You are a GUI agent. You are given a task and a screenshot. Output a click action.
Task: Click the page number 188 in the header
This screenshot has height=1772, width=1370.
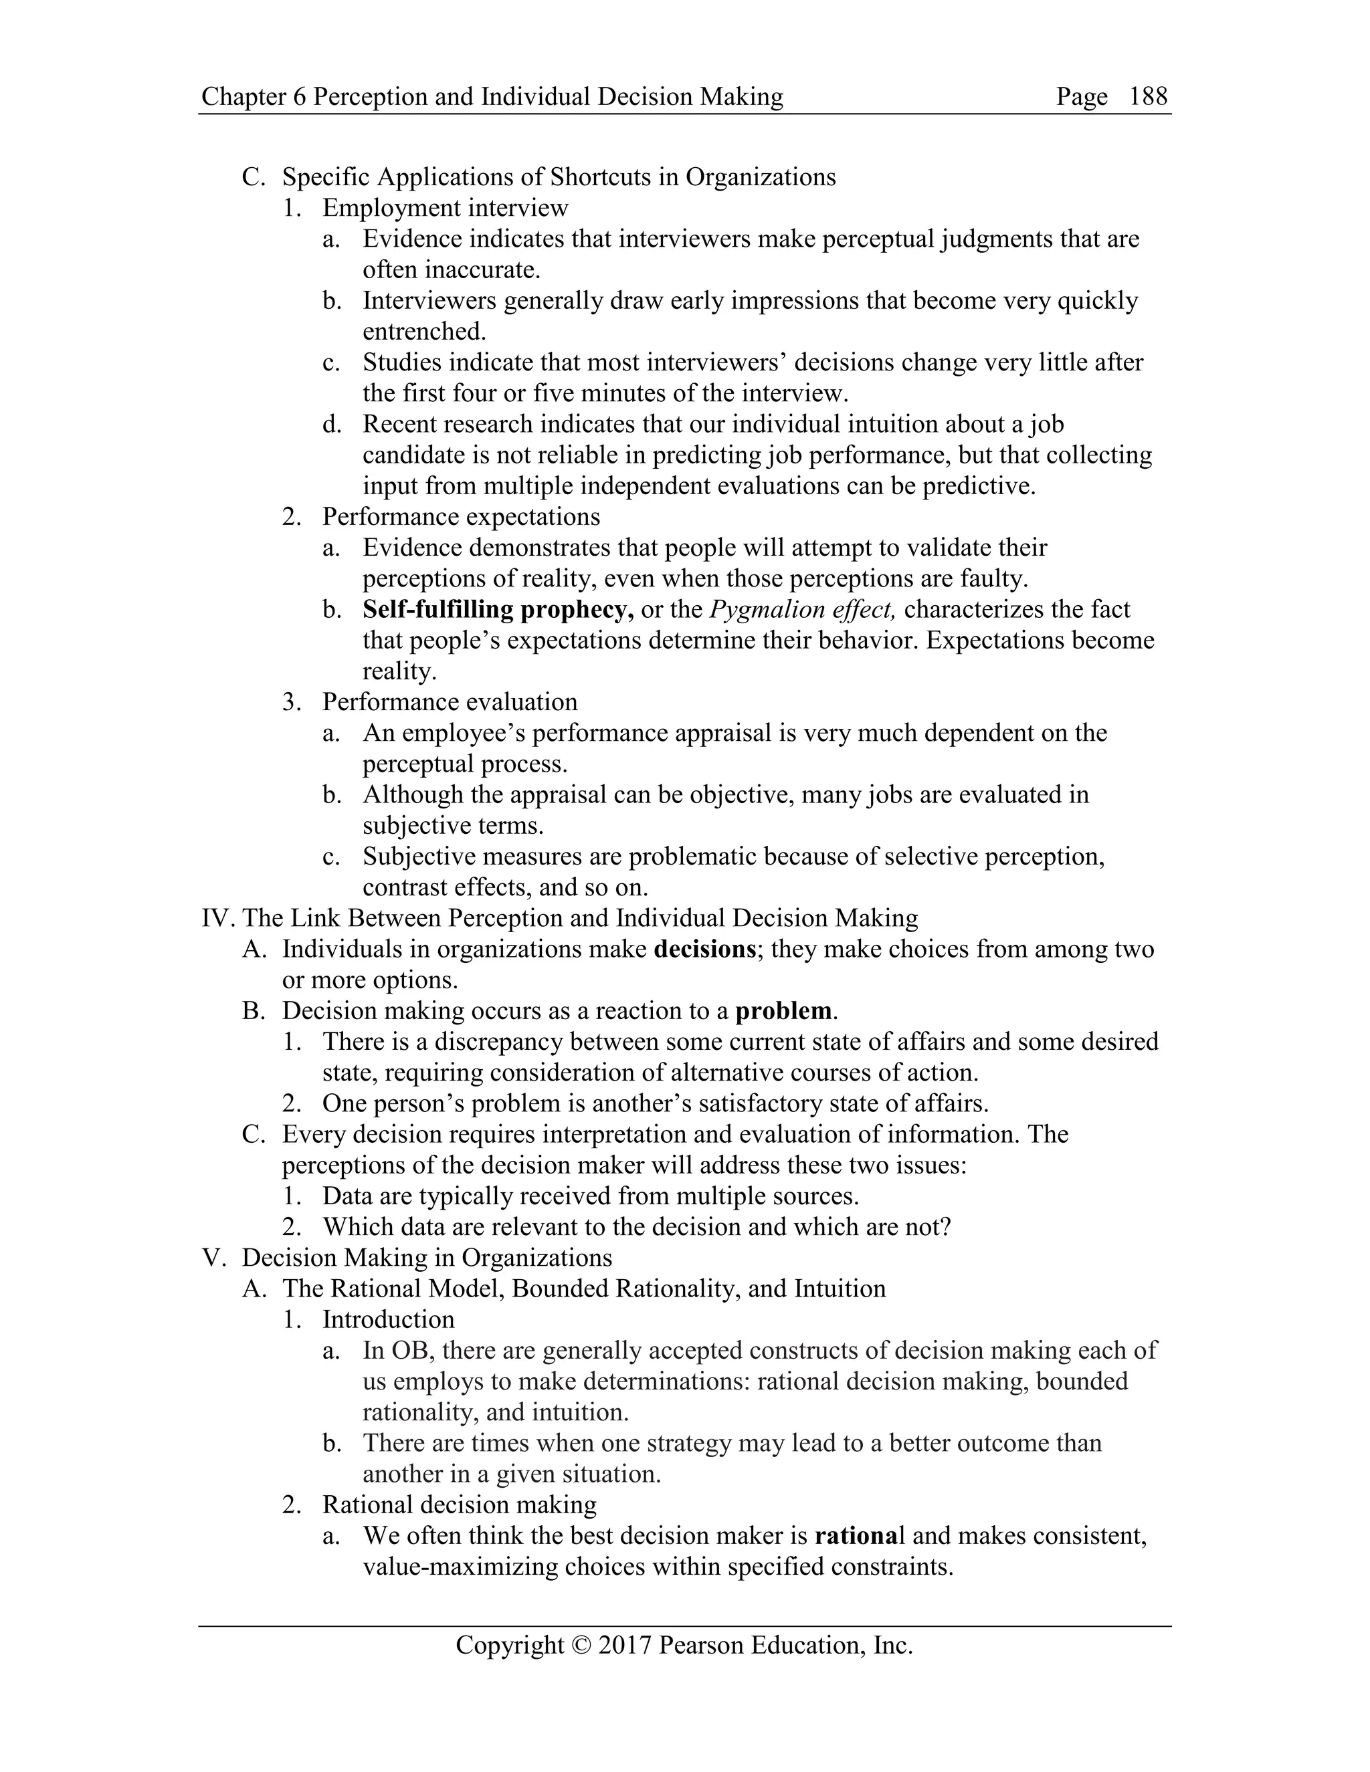tap(1148, 96)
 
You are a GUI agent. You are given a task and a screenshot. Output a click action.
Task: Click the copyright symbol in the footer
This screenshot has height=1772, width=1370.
tap(582, 1645)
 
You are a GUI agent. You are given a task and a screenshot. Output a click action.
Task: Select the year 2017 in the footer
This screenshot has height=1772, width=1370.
tap(625, 1645)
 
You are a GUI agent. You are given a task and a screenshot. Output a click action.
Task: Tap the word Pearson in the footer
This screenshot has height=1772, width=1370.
tap(701, 1645)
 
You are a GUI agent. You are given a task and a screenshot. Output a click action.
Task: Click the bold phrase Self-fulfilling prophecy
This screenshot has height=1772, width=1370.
tap(498, 609)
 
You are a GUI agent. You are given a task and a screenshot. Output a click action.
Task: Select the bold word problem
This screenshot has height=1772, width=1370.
tap(784, 1010)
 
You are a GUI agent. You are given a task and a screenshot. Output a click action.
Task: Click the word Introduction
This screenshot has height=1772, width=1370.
tap(388, 1319)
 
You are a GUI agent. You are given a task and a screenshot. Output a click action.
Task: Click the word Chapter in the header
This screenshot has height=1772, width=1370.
tap(243, 96)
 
